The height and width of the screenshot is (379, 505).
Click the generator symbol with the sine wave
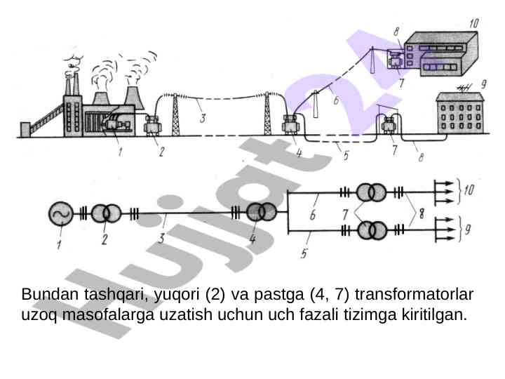pos(61,213)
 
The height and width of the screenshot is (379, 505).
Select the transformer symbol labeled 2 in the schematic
pos(106,213)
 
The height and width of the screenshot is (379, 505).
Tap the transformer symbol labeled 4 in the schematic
pos(261,213)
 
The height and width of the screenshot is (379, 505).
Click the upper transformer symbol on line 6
pos(371,193)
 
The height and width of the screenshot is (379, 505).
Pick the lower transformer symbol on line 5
pos(372,230)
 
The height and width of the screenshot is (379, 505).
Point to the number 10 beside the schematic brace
pos(469,189)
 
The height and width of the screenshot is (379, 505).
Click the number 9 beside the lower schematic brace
pos(468,229)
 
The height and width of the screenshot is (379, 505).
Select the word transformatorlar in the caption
pos(414,294)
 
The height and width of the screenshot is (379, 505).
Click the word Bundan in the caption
pos(50,294)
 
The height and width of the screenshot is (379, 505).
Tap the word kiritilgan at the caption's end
pos(434,315)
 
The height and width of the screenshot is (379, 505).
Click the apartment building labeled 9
pos(460,113)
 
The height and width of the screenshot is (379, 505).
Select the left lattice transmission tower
pos(175,114)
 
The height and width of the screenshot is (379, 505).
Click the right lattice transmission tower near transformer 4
pos(267,114)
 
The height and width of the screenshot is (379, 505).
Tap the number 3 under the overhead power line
pos(203,119)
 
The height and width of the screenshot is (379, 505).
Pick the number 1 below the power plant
pos(120,152)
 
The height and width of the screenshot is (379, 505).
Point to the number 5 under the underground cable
pos(346,155)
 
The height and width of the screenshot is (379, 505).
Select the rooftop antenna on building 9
pos(464,87)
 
